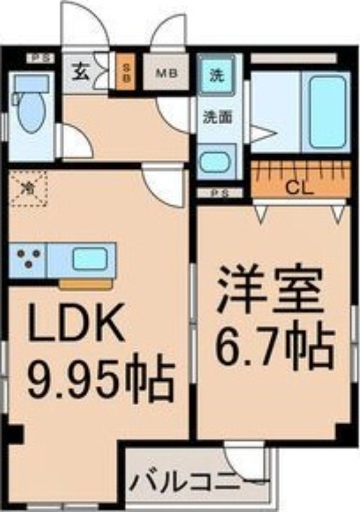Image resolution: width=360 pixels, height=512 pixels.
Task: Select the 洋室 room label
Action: point(268,292)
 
